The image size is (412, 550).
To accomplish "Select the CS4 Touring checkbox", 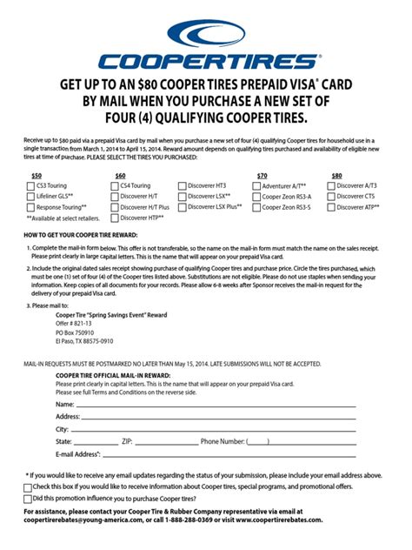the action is pos(110,185).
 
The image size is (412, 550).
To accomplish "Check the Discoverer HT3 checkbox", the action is pos(182,185).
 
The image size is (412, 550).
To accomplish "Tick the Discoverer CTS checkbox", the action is pos(331,197).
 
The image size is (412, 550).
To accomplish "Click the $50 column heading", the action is pos(36,175).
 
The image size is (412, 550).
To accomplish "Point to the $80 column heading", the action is pos(336,175).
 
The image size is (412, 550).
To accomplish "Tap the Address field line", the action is pos(217,417).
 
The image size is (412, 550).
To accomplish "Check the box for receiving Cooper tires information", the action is pos(28,487).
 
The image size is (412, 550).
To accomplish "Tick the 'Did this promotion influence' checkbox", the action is pos(28,499).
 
